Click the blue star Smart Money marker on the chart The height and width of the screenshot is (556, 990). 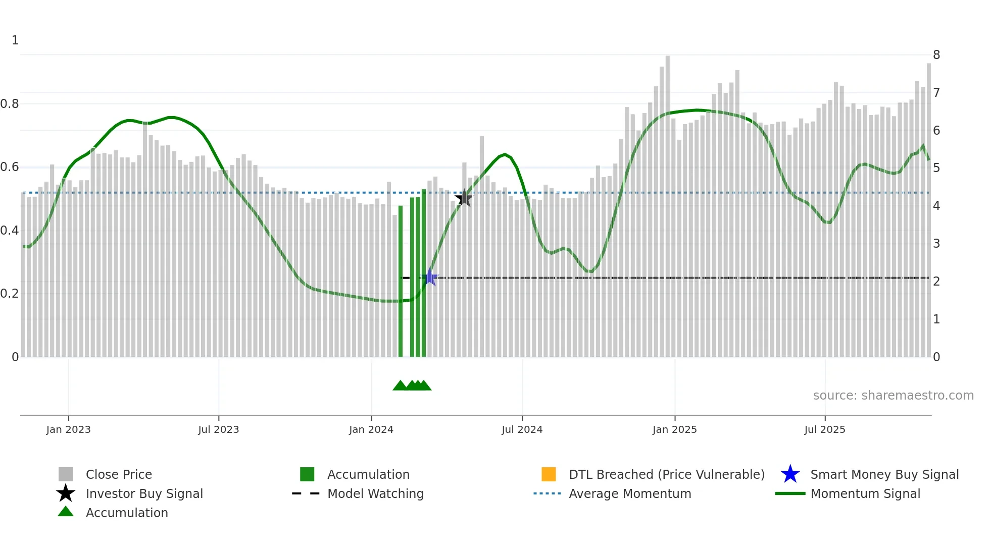tap(430, 277)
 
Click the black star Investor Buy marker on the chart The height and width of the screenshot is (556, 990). tap(464, 198)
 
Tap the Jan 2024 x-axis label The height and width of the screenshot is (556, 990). tap(371, 429)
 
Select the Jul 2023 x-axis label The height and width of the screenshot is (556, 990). tap(218, 429)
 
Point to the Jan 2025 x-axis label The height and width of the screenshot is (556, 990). tap(674, 429)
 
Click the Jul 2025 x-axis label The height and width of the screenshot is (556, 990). tap(824, 429)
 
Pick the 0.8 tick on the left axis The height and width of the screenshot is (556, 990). tap(10, 104)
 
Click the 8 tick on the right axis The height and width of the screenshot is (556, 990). tap(936, 55)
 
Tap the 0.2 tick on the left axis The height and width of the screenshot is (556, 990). tap(10, 294)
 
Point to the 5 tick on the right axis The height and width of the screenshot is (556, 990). tap(936, 168)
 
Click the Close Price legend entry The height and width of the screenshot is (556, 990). tap(119, 474)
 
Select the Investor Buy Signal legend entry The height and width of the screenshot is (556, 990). tap(144, 493)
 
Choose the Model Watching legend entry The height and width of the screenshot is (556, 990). tap(375, 493)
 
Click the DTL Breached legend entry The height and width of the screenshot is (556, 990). tap(666, 474)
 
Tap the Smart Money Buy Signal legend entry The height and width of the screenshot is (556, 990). tap(884, 474)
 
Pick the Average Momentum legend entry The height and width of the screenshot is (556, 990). tap(630, 493)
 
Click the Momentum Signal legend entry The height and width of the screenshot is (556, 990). tap(865, 493)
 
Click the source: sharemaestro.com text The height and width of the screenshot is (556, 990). tap(893, 396)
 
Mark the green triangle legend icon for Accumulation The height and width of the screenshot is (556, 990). tap(66, 512)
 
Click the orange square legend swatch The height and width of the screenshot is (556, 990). tap(549, 474)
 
